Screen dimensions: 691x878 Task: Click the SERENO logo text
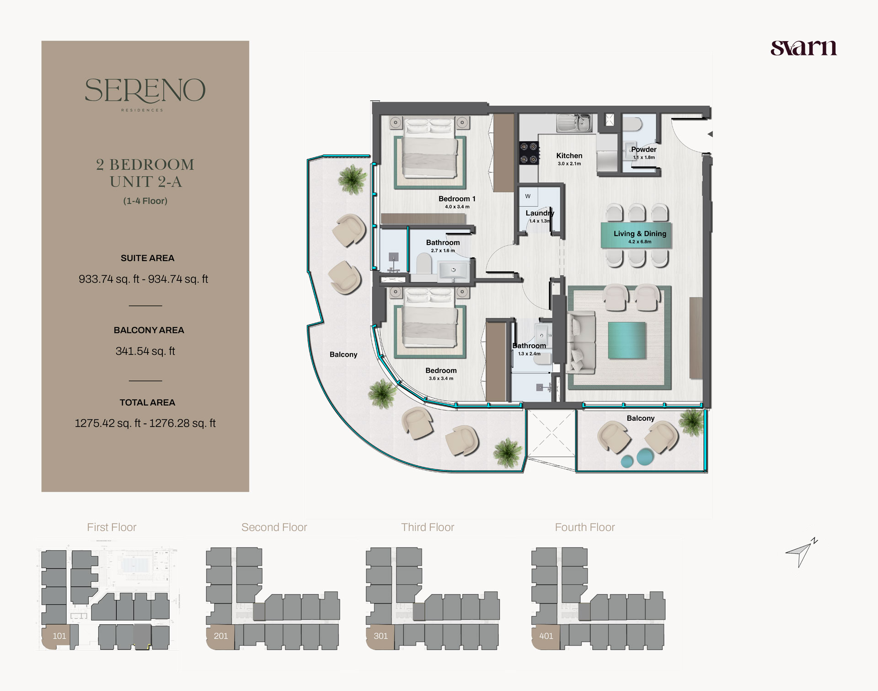(x=145, y=91)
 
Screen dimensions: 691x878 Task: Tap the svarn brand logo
(x=803, y=48)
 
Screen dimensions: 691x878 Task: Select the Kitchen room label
(x=569, y=156)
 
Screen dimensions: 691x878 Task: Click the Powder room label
(x=643, y=150)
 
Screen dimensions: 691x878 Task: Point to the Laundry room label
(x=539, y=213)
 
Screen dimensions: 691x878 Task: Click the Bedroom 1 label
(x=457, y=199)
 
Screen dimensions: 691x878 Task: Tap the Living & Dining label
(x=639, y=234)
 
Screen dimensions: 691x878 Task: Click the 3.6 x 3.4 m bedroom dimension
(x=441, y=379)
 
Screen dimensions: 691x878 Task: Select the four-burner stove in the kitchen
(x=529, y=153)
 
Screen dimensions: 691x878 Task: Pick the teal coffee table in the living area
(x=627, y=340)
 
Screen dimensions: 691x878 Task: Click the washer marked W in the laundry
(x=528, y=197)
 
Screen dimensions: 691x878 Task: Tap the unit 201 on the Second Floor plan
(x=220, y=636)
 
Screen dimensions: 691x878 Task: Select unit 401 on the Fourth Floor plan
(x=546, y=636)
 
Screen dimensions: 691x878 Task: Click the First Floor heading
(x=112, y=527)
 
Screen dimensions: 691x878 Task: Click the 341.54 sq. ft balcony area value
(x=145, y=351)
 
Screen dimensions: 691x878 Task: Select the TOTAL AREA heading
(x=147, y=402)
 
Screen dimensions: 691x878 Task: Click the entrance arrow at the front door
(x=710, y=134)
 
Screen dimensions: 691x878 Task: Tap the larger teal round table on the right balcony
(x=645, y=456)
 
